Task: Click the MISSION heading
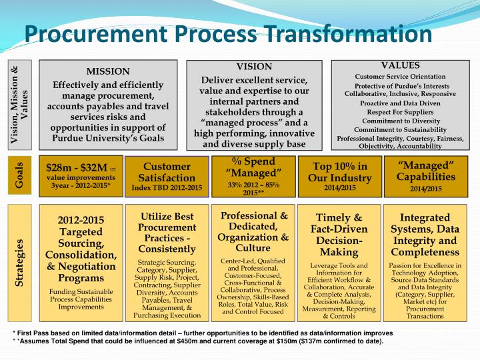[108, 71]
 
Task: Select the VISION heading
[255, 67]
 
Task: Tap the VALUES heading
[400, 65]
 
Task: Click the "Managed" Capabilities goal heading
[426, 170]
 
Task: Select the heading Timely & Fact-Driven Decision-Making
[339, 235]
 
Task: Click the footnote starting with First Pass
[200, 333]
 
